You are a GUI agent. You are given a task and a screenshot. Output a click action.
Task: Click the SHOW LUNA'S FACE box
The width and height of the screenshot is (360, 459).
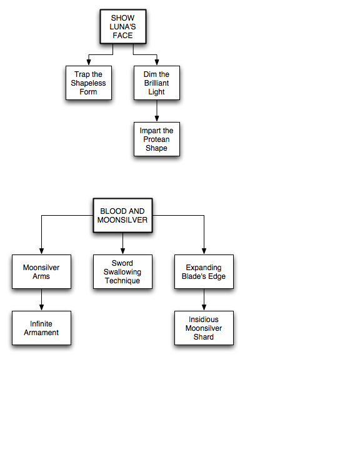click(x=123, y=27)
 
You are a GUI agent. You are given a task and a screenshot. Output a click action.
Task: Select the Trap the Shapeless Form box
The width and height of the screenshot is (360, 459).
click(x=89, y=83)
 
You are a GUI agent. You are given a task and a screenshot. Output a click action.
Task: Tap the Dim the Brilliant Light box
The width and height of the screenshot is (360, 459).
click(x=157, y=83)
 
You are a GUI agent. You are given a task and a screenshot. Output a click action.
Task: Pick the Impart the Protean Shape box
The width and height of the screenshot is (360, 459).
click(x=157, y=139)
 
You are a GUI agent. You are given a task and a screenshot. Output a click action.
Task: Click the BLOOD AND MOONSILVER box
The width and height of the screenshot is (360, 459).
click(x=122, y=216)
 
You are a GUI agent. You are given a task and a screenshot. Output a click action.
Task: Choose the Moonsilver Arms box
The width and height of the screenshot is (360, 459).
click(x=41, y=271)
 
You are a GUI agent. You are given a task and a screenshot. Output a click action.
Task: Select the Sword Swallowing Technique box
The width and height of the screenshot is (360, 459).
click(x=122, y=271)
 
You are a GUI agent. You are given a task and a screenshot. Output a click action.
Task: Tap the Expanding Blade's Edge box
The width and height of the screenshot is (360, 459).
click(x=204, y=271)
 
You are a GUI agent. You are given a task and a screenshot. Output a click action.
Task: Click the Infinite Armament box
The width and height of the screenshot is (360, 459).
click(x=41, y=328)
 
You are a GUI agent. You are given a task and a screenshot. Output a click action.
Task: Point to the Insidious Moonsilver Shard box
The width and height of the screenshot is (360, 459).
click(x=204, y=328)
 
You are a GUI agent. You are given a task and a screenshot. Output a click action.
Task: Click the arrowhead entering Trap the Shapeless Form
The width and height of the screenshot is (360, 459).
click(x=89, y=63)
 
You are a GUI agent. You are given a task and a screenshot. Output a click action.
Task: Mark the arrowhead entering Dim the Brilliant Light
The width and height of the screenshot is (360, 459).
click(x=157, y=63)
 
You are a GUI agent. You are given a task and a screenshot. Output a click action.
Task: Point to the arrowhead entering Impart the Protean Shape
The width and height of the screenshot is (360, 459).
click(x=157, y=119)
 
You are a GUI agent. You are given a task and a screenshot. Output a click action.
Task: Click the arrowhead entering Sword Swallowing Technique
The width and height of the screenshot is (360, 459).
click(x=122, y=251)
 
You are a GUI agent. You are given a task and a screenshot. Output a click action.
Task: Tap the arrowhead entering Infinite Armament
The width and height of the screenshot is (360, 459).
click(x=41, y=308)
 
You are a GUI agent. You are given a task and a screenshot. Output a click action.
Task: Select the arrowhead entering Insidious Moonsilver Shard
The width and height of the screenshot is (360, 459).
click(x=204, y=308)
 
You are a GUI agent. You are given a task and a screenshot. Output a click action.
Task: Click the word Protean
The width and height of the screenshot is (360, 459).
click(x=156, y=139)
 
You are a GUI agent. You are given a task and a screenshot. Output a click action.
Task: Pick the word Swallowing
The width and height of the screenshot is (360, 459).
click(x=122, y=272)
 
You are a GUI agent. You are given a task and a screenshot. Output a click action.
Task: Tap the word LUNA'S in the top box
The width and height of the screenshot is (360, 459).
click(x=122, y=27)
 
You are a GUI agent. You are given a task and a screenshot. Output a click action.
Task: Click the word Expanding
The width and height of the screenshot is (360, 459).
click(x=204, y=268)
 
